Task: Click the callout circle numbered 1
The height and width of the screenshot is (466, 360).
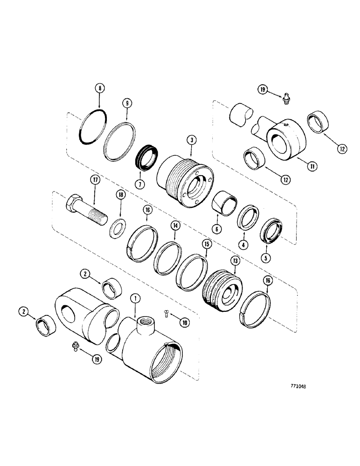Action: coord(134,296)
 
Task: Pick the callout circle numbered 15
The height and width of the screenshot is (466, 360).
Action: coord(205,243)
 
